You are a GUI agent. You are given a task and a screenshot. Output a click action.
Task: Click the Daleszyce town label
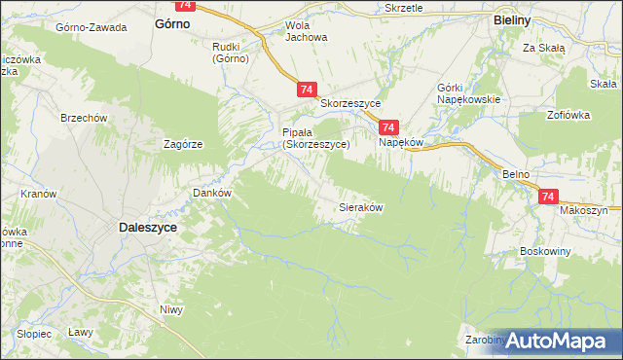[x=147, y=226]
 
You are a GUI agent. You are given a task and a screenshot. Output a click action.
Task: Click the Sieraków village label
[x=360, y=208]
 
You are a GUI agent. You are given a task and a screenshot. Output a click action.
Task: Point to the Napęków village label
[x=400, y=142]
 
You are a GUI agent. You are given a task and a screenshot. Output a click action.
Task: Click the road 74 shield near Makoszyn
[x=547, y=197]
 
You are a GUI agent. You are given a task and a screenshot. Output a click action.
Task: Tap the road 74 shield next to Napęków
[x=388, y=127]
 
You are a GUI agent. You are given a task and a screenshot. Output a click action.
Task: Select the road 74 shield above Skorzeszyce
[x=307, y=90]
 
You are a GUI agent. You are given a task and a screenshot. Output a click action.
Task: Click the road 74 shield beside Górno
[x=186, y=5]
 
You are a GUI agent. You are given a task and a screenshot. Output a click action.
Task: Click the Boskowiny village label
[x=545, y=250]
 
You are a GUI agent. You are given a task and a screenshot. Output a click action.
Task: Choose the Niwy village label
[x=171, y=310]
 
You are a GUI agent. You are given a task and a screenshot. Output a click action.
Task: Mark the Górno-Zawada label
[x=92, y=27]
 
